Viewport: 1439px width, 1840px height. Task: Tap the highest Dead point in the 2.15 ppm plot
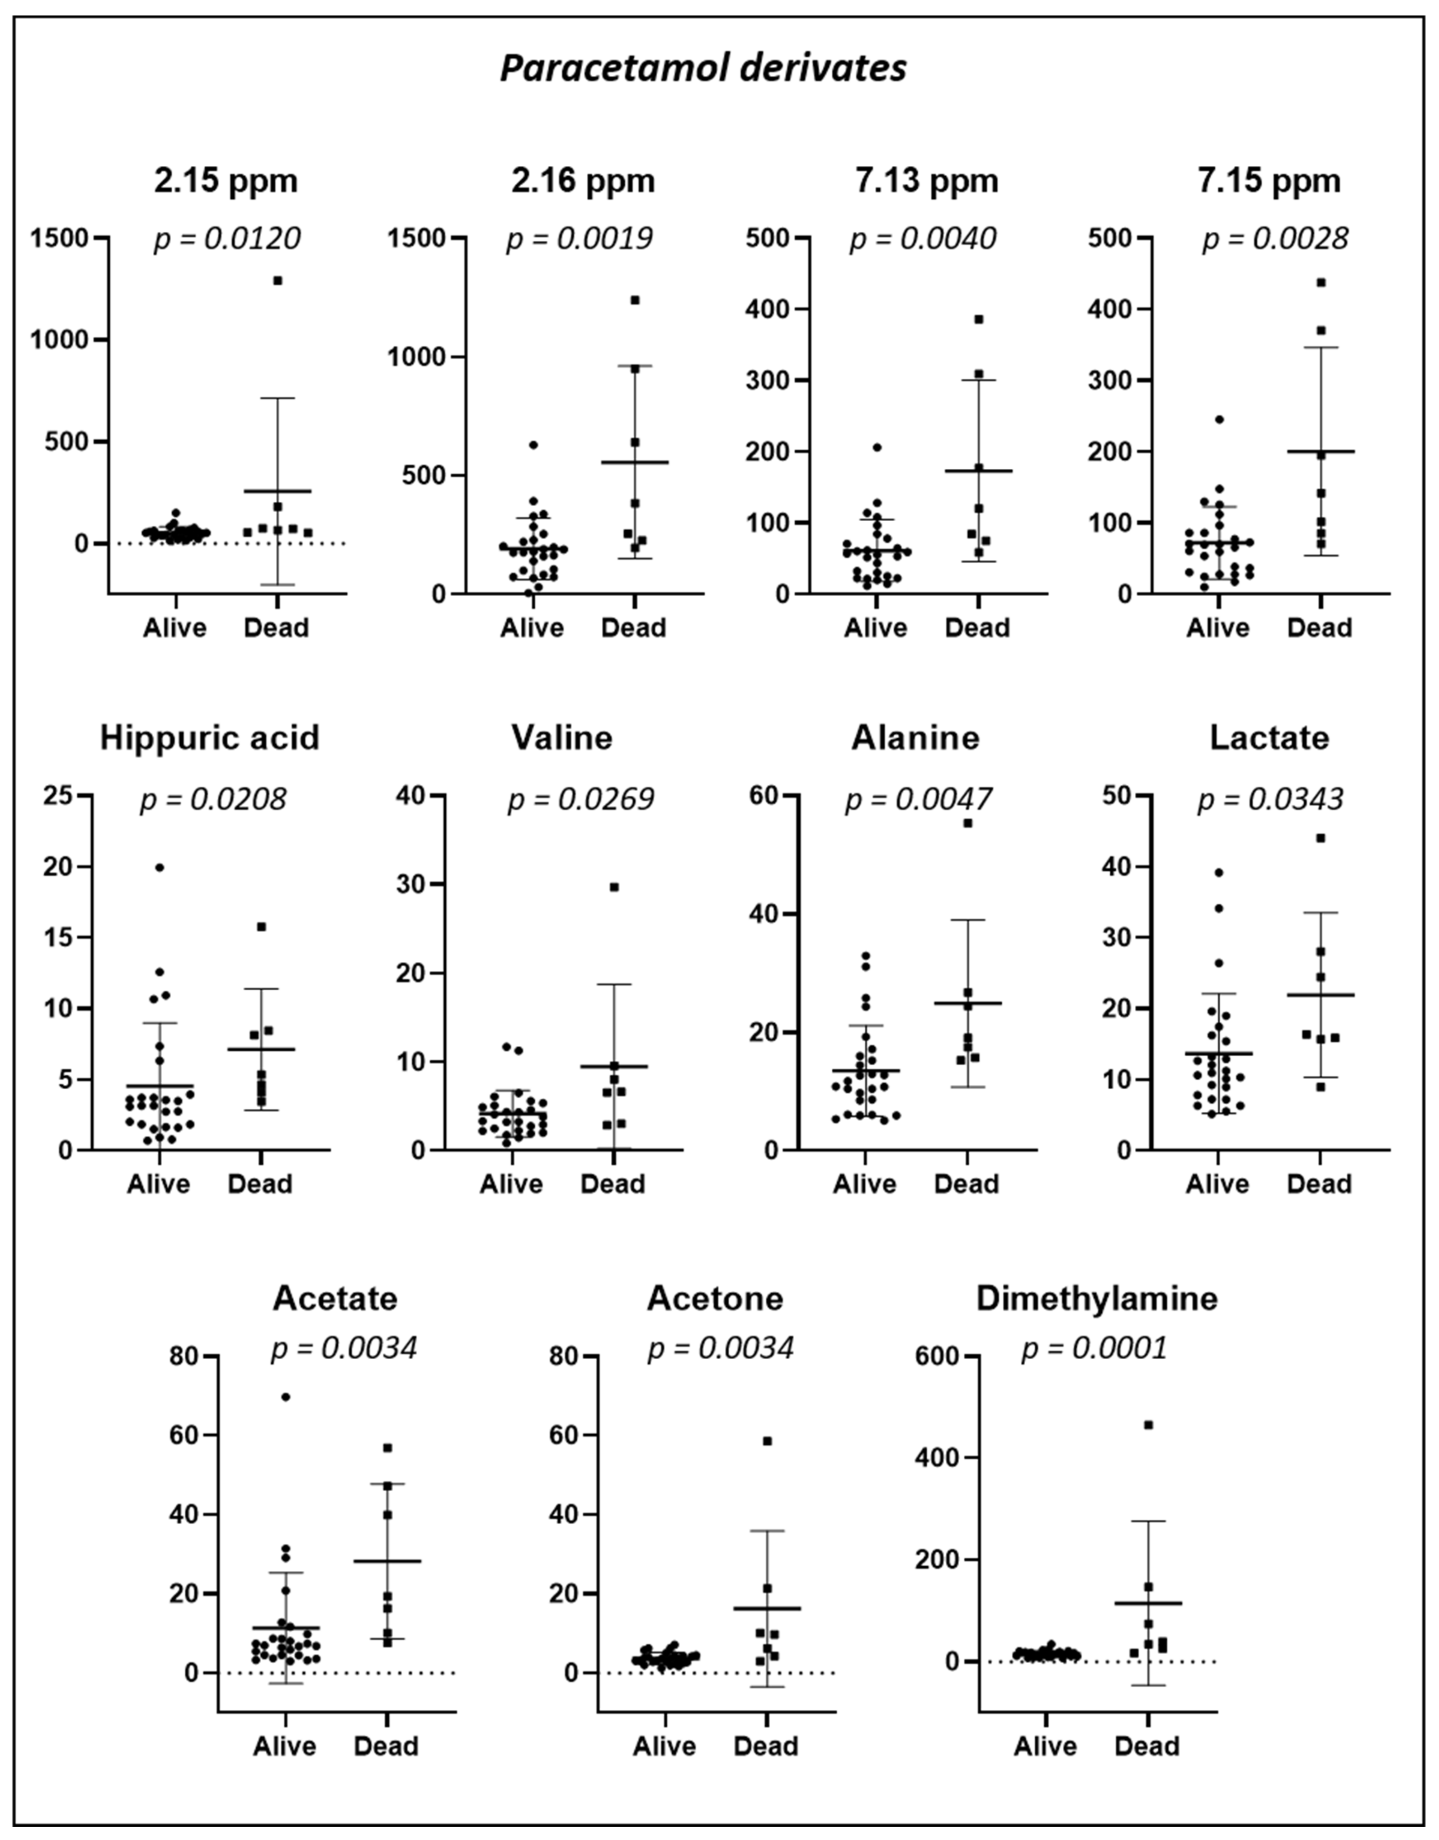point(277,281)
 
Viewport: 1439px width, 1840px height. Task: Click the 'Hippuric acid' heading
point(210,738)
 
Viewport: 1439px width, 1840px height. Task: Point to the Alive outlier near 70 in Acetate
point(286,1397)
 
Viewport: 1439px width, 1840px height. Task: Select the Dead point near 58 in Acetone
point(767,1441)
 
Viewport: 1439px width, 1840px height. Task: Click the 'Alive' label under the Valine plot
point(511,1184)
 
